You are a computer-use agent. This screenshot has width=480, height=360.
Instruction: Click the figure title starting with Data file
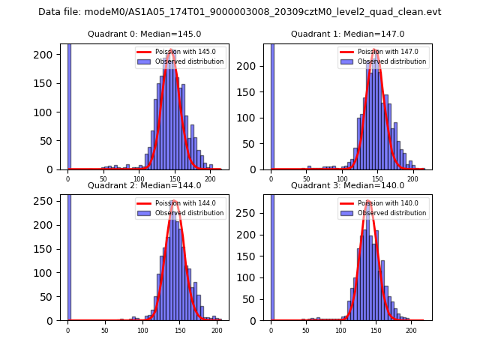(x=239, y=12)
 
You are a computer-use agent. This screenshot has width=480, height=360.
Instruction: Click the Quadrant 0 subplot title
(x=145, y=34)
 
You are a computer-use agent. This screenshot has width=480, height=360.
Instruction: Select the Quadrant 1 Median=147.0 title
(x=347, y=34)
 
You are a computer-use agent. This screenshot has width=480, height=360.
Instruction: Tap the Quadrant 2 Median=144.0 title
(x=145, y=185)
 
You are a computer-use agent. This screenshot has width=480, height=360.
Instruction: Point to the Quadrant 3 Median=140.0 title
(x=347, y=185)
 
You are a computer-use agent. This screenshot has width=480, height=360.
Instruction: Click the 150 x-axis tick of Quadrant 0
(x=175, y=179)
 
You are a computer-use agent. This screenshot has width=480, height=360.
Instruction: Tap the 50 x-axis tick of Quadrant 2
(x=104, y=330)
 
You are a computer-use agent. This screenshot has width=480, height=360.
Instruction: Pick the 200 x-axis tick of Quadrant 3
(x=411, y=330)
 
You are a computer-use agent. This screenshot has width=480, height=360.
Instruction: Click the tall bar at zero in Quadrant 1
(x=271, y=105)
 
